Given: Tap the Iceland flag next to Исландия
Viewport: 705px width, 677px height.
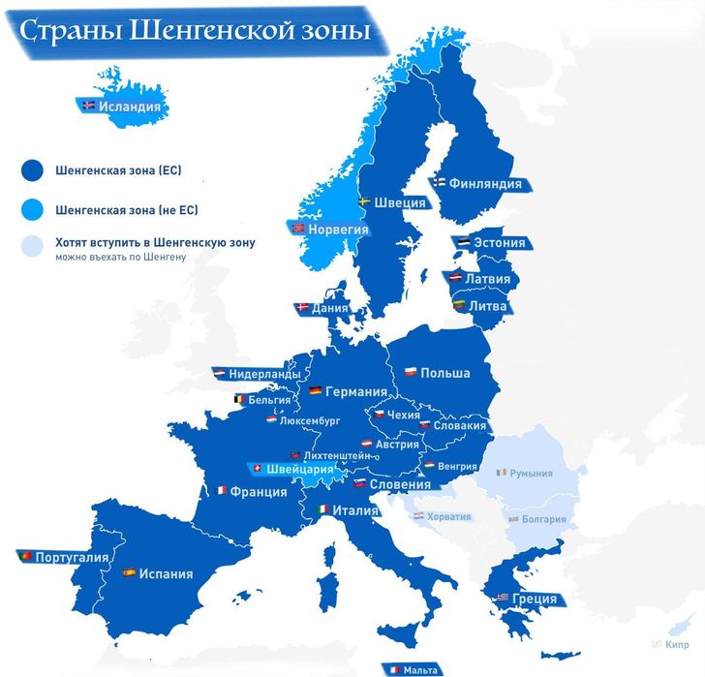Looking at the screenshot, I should [x=89, y=107].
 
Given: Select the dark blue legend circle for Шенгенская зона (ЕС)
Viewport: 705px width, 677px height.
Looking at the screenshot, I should [x=33, y=170].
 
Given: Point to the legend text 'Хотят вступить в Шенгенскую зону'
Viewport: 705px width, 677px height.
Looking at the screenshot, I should [x=155, y=243].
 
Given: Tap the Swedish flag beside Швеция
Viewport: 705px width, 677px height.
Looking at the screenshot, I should [x=363, y=202].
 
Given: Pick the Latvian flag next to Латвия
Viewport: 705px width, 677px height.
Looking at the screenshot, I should [x=453, y=279].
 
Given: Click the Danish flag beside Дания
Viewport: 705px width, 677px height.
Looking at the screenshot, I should [x=301, y=308].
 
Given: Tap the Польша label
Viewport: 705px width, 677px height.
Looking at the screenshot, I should [x=445, y=373].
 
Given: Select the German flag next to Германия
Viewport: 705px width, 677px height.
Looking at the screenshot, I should [x=315, y=391].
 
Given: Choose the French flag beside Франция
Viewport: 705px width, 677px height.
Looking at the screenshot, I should [x=222, y=491].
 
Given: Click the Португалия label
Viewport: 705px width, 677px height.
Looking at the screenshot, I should [x=70, y=558].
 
